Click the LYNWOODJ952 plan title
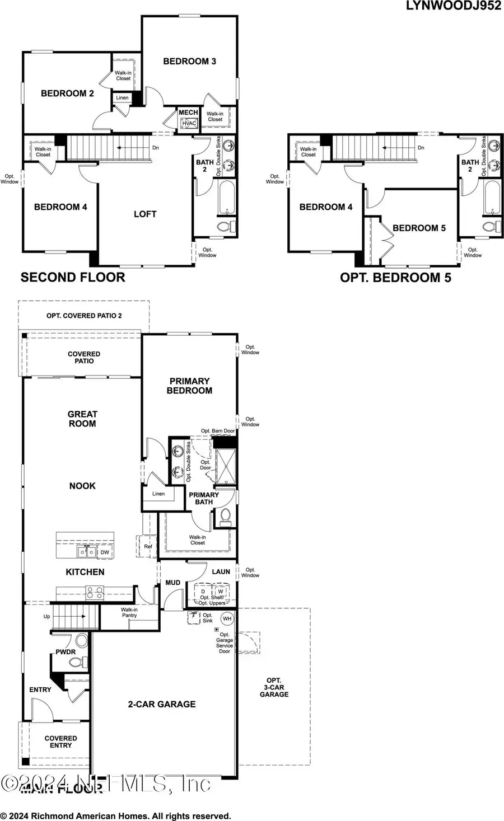point(454,6)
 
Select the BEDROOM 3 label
point(189,61)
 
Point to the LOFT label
point(145,214)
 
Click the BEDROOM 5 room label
point(419,228)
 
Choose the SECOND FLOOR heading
point(73,277)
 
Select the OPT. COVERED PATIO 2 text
point(84,316)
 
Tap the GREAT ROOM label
point(82,419)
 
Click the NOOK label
point(82,486)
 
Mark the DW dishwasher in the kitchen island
point(105,552)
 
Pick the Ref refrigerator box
point(148,547)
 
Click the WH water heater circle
point(227,618)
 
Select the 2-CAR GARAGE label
point(162,704)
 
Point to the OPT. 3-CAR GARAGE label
point(274,687)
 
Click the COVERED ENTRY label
point(60,742)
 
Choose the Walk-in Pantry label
point(129,612)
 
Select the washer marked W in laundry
point(220,592)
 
